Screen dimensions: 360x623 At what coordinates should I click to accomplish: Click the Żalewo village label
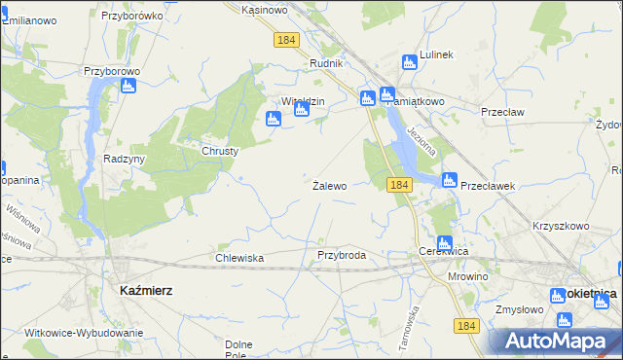[329, 186]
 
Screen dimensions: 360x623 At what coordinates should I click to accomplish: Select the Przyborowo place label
[113, 71]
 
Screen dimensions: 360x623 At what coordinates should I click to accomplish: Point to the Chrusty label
[220, 151]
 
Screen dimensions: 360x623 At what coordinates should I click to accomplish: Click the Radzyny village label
[124, 159]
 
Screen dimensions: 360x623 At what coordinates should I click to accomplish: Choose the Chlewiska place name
[239, 258]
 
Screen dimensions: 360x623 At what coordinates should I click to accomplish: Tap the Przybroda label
[342, 255]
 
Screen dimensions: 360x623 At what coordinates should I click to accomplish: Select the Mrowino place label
[467, 276]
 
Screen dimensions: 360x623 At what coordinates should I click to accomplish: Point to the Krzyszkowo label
[562, 226]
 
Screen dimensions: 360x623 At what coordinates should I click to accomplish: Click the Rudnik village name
[327, 63]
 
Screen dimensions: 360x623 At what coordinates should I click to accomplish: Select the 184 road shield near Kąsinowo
[286, 40]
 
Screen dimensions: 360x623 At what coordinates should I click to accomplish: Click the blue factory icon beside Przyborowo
[128, 86]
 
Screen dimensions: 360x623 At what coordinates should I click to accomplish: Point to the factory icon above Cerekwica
[444, 242]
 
